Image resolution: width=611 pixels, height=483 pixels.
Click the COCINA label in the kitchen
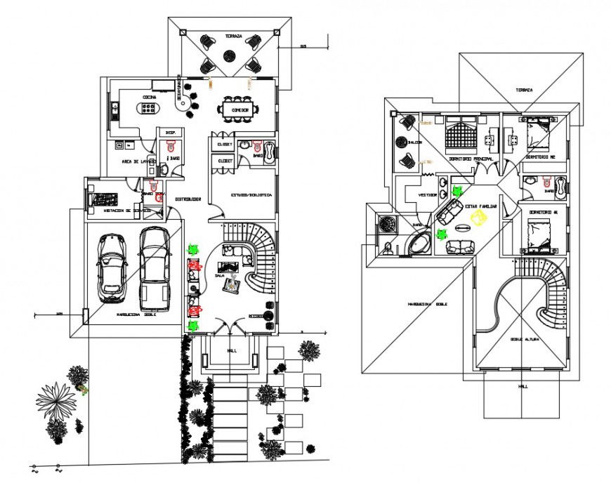pos(149,97)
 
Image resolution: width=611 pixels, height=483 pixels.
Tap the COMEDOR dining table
pos(237,110)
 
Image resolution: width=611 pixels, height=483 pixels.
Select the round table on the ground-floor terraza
pos(229,55)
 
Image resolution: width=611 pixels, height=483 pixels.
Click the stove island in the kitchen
pos(149,110)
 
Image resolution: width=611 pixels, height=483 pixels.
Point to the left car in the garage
pos(112,267)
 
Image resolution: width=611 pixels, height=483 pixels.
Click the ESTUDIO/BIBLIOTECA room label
pos(251,194)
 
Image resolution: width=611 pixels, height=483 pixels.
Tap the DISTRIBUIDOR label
pos(188,199)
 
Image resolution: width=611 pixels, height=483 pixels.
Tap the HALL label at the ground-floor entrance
pos(232,350)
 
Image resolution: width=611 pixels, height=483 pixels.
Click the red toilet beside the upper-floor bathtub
pos(388,246)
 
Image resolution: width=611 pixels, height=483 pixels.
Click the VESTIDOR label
pos(428,194)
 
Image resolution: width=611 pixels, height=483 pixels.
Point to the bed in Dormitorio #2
pos(539,131)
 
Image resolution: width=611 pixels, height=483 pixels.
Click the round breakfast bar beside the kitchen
pos(185,105)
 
